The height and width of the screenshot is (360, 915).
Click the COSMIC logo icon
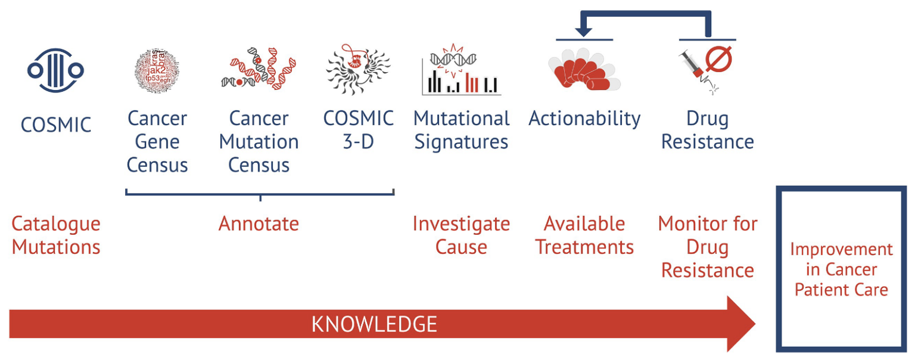pos(55,71)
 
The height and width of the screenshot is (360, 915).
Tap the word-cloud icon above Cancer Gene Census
pos(157,72)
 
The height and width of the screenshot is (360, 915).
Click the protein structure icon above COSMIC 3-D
pos(358,70)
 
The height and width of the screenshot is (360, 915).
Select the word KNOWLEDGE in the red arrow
pos(374,325)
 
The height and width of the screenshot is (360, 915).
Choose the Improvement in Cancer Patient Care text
pos(841,269)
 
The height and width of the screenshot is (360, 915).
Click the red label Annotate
pos(259,224)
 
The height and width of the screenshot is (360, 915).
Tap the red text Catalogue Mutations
pos(56,235)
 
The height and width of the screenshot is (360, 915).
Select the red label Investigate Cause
pos(461,235)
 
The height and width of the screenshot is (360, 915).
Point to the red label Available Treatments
pos(584,235)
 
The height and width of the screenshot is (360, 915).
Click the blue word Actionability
pos(584,119)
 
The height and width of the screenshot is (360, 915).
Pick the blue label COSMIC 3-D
pos(358,130)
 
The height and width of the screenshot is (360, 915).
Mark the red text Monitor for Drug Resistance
pos(708,247)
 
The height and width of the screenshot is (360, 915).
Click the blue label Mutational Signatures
pos(461,130)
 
